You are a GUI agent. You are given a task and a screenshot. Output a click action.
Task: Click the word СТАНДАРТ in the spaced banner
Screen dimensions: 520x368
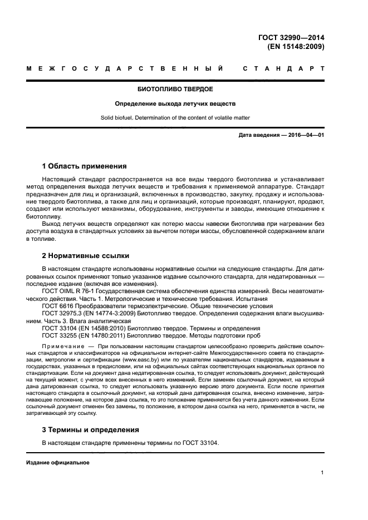click(283, 70)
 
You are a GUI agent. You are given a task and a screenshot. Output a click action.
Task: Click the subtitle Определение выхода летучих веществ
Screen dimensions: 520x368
click(175, 103)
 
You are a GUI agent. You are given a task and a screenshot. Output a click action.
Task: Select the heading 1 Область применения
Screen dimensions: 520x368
click(84, 166)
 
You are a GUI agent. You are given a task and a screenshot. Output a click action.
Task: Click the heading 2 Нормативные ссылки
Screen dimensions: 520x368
click(86, 256)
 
